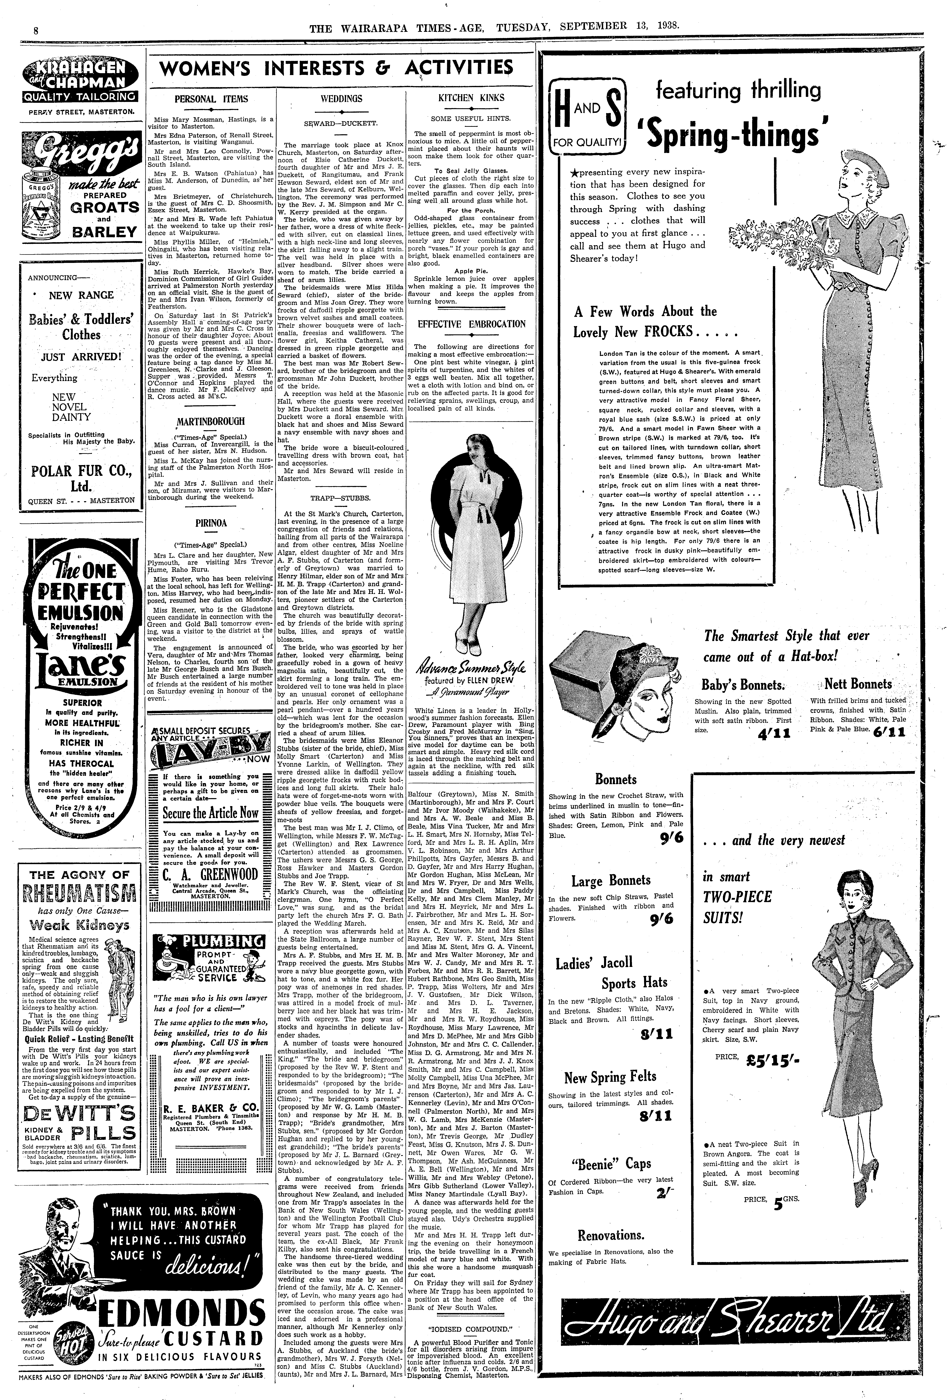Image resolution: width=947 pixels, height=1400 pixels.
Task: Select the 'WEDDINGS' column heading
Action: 341,98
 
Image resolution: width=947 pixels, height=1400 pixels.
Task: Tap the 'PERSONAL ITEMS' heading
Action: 211,99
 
